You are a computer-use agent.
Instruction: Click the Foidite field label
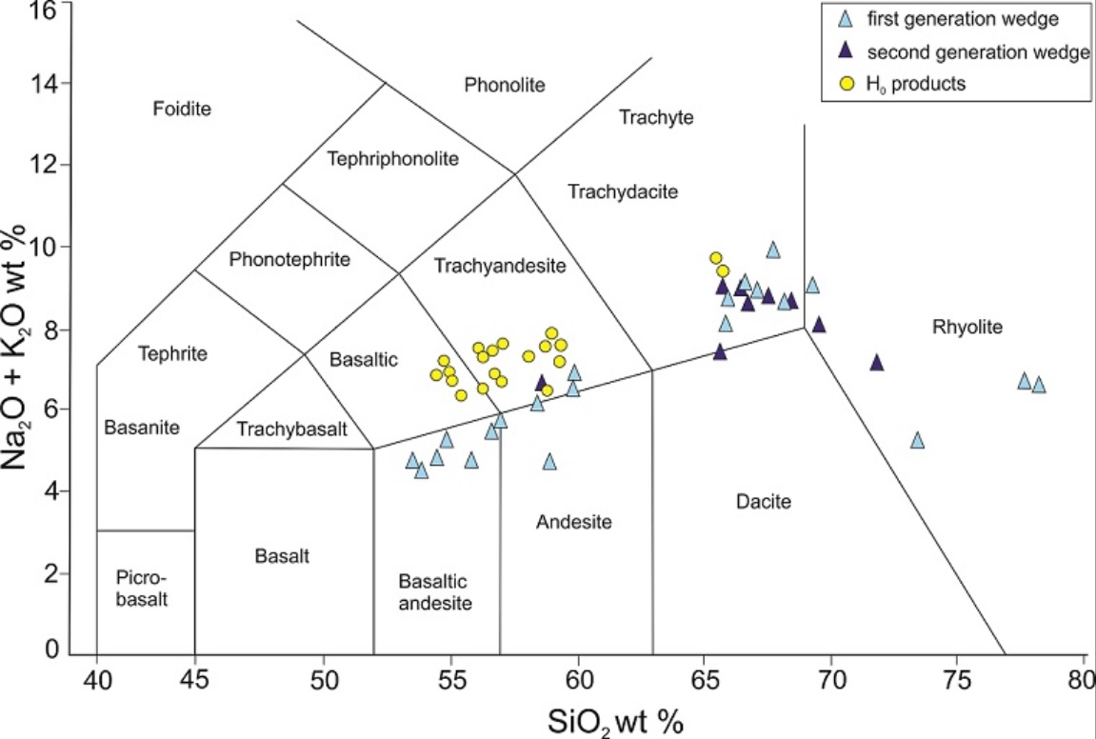point(182,110)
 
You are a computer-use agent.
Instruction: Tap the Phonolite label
point(505,86)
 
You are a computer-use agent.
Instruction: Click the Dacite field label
point(763,501)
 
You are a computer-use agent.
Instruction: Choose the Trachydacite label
point(623,192)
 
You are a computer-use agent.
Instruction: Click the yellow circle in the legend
point(844,83)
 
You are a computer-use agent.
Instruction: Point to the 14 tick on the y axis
point(64,84)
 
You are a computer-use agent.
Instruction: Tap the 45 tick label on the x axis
point(194,683)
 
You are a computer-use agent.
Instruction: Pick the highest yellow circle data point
point(716,258)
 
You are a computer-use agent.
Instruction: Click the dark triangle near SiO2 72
point(877,363)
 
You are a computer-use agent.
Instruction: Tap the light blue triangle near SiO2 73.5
point(917,440)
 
